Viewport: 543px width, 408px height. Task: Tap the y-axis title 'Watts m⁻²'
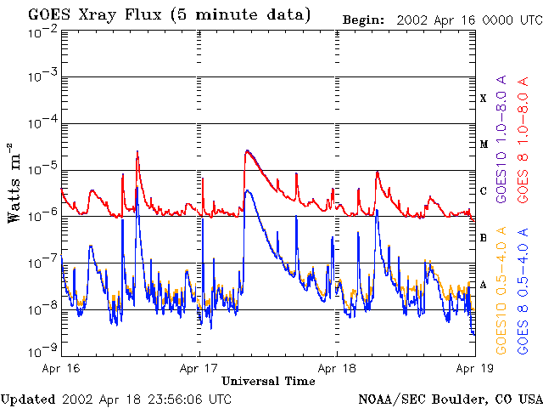pos(14,183)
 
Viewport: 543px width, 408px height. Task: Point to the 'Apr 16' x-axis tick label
pos(60,368)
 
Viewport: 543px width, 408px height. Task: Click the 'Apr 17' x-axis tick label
pos(199,368)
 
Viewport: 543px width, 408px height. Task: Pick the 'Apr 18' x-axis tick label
pos(337,368)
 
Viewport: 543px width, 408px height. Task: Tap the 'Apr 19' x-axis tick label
pos(472,368)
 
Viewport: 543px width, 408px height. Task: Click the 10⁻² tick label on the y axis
pos(43,31)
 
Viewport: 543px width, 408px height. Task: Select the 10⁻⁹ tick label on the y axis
pos(43,349)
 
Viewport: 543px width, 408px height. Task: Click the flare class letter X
pos(484,99)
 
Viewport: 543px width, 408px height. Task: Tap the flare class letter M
pos(484,144)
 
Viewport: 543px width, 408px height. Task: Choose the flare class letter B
pos(484,238)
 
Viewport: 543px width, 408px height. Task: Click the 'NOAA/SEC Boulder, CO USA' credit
pos(450,399)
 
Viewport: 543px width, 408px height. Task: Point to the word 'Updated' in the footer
pos(28,399)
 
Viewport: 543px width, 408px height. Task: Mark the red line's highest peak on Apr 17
pos(247,150)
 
